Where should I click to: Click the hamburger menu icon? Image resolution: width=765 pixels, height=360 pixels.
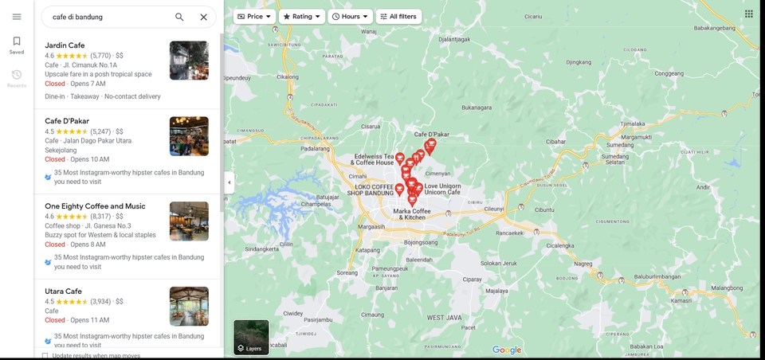point(17,17)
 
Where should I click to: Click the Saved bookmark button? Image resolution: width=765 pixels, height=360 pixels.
point(17,45)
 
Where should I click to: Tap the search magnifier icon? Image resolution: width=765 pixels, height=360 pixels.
point(179,17)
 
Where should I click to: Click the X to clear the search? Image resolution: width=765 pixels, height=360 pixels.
point(203,17)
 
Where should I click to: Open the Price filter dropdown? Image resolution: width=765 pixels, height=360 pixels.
point(254,16)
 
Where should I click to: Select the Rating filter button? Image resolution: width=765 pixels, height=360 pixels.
point(301,16)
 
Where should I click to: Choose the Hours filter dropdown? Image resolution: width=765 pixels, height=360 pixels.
point(350,16)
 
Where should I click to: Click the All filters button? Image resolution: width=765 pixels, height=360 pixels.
point(398,16)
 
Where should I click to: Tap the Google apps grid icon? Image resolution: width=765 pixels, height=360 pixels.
point(749,14)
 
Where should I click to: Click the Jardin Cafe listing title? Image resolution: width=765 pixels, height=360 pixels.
point(65,45)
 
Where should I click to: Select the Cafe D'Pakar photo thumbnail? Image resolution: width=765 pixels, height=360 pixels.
point(189,136)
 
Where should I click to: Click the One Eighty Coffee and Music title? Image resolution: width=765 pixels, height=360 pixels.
point(95,206)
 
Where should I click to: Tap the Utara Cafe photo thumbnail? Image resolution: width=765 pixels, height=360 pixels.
point(189,306)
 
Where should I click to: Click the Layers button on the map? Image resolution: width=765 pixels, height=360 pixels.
point(251,337)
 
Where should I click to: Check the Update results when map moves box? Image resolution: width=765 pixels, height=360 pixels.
point(45,356)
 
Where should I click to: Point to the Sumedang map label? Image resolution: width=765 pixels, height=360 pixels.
point(620,146)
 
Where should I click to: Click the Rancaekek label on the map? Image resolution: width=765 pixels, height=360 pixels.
point(508,233)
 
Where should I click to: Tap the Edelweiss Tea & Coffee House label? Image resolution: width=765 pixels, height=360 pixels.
point(374,159)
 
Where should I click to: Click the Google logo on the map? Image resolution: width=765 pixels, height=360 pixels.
point(507,350)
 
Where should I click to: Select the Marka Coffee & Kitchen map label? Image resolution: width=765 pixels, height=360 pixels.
point(412,213)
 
